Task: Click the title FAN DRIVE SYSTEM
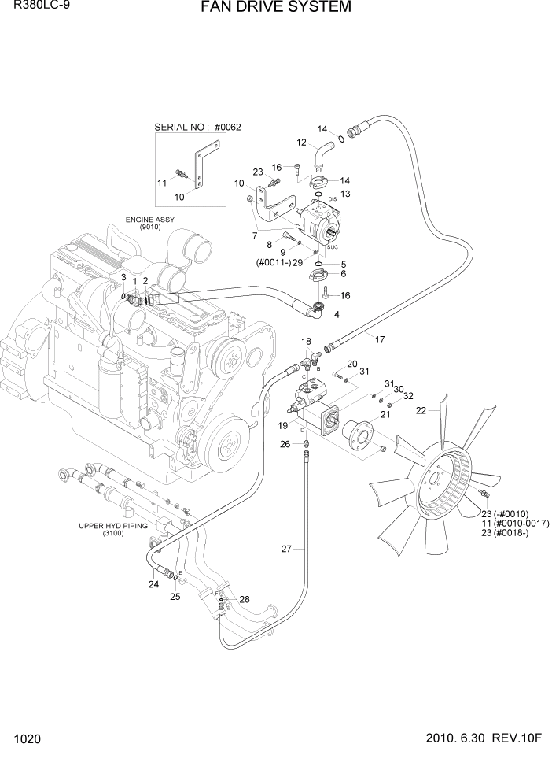coord(275,8)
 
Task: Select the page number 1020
coord(27,740)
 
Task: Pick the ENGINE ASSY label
coord(149,220)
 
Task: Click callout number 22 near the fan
coord(421,410)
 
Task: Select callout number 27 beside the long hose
coord(287,548)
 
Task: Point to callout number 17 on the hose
coord(380,340)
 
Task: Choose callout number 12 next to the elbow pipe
coord(301,143)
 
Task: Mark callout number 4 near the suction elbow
coord(337,315)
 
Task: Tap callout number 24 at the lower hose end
coord(154,584)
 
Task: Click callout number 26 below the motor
coord(285,444)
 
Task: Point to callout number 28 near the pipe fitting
coord(245,599)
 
